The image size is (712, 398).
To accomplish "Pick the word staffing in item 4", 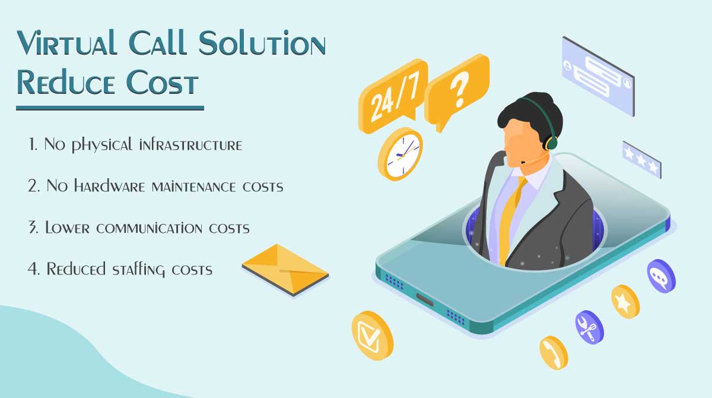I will (140, 269).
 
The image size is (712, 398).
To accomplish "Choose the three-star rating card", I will (641, 159).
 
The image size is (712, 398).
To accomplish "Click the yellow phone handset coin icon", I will (554, 352).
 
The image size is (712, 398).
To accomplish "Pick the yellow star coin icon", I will (625, 302).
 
